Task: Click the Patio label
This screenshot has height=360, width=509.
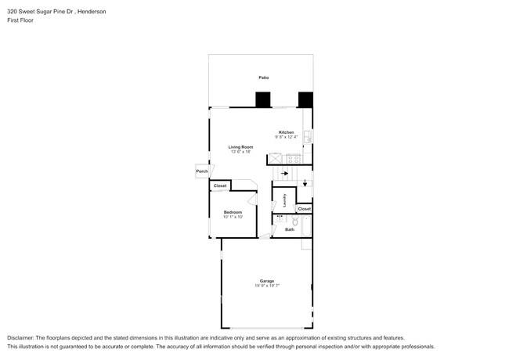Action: pyautogui.click(x=264, y=77)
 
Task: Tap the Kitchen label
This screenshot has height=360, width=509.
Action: pyautogui.click(x=287, y=132)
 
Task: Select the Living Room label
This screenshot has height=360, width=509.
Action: pyautogui.click(x=240, y=147)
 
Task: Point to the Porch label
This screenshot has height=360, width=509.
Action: pyautogui.click(x=202, y=171)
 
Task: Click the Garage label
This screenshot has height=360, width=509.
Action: pyautogui.click(x=267, y=281)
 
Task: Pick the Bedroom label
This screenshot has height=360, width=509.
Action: pyautogui.click(x=233, y=212)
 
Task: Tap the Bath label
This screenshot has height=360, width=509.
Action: pyautogui.click(x=290, y=229)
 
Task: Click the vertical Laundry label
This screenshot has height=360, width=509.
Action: pyautogui.click(x=284, y=200)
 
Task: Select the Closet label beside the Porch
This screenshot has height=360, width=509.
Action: pyautogui.click(x=221, y=185)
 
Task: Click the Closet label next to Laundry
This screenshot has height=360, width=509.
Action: pyautogui.click(x=304, y=209)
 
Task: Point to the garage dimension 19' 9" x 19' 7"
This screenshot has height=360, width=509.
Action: pyautogui.click(x=267, y=286)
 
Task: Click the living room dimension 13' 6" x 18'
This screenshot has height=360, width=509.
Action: pyautogui.click(x=240, y=152)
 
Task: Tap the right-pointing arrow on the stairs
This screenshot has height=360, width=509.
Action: pyautogui.click(x=284, y=174)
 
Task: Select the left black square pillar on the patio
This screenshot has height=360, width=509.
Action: pyautogui.click(x=263, y=100)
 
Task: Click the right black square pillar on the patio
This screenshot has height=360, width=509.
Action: pyautogui.click(x=305, y=100)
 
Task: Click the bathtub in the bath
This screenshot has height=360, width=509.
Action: pyautogui.click(x=307, y=228)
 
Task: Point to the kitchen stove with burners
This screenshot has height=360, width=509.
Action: pyautogui.click(x=294, y=159)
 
